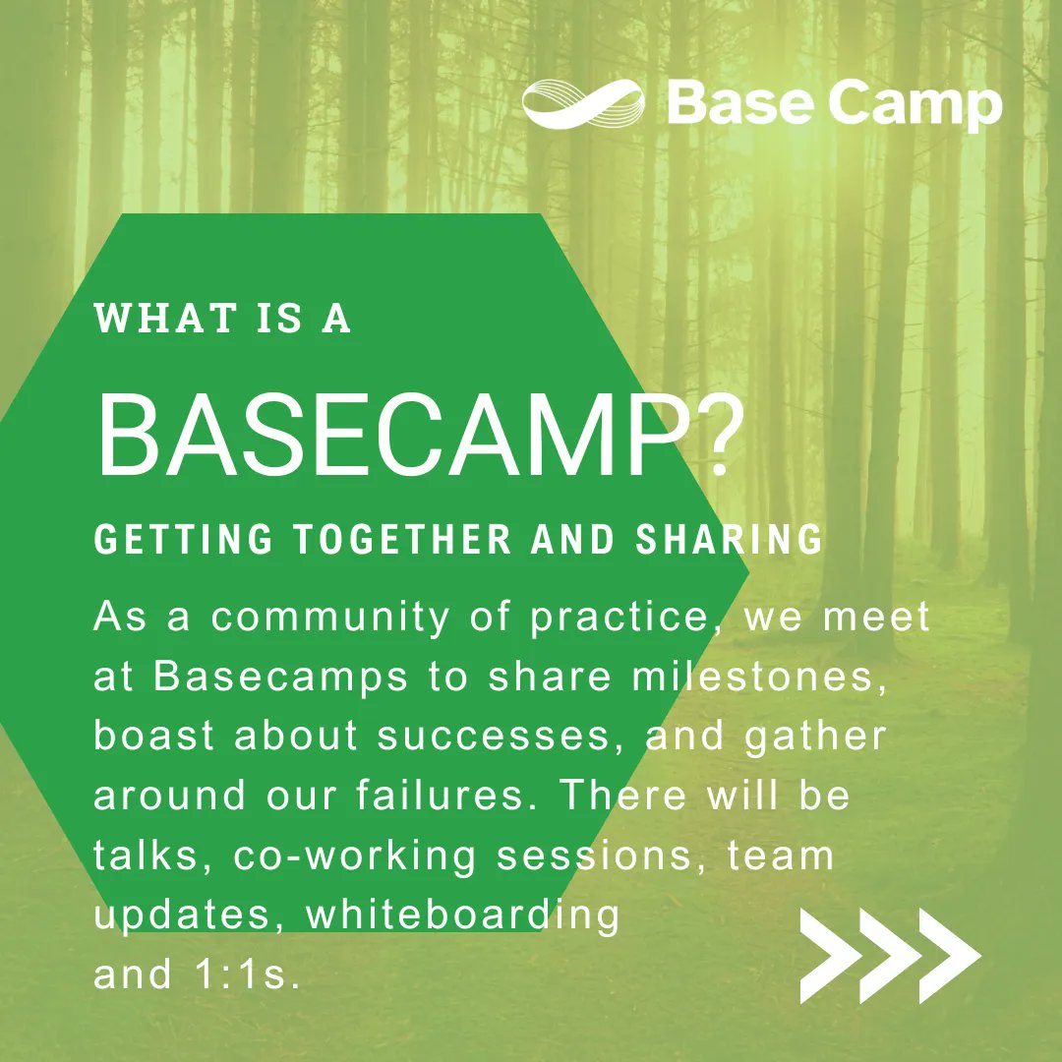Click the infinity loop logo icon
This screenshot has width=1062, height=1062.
585,104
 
